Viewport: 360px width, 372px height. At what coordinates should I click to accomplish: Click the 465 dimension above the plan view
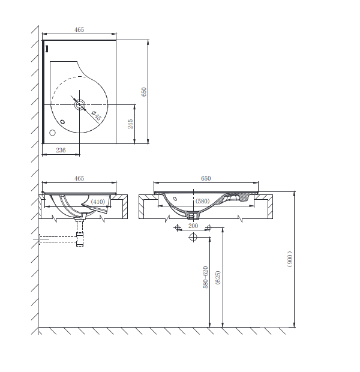[x=79, y=29]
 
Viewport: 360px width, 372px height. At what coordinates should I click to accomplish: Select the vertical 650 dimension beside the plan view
[x=144, y=92]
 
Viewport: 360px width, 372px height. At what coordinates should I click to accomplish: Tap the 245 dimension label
[x=130, y=124]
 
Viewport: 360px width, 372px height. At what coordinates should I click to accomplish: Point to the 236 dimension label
[x=61, y=150]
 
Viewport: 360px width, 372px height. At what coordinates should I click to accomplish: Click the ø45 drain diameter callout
[x=97, y=115]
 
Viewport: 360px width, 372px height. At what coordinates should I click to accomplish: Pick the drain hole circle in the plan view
[x=80, y=104]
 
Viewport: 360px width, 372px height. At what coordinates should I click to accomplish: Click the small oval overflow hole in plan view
[x=62, y=122]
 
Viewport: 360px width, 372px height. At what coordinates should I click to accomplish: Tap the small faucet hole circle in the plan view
[x=52, y=133]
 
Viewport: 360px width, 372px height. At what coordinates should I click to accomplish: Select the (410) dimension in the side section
[x=98, y=202]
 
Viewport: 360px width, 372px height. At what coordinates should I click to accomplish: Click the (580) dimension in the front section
[x=202, y=201]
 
